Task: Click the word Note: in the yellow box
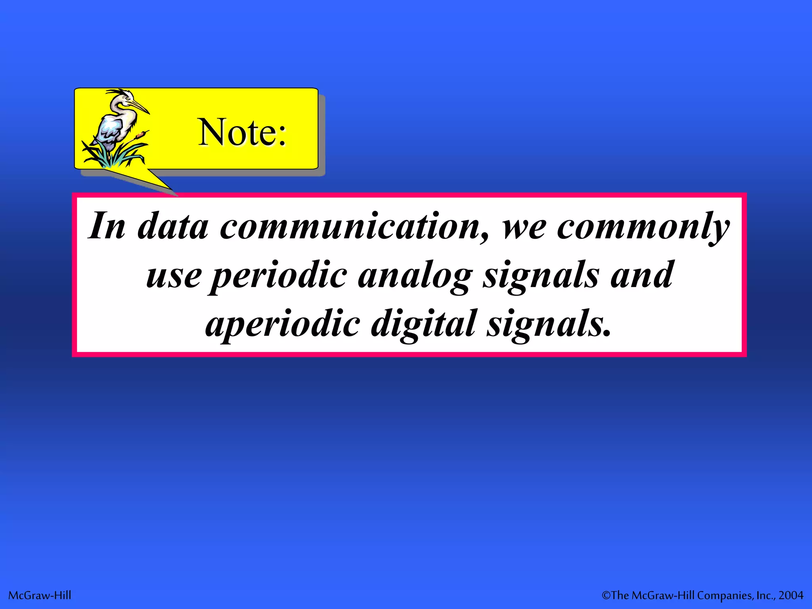[x=242, y=132]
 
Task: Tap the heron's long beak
[x=140, y=106]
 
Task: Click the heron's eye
[x=128, y=98]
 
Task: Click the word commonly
[x=643, y=227]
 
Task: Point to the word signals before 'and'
[x=540, y=276]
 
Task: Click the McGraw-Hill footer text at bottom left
[x=40, y=596]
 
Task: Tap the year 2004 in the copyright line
[x=791, y=596]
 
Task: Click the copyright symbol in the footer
[x=606, y=596]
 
